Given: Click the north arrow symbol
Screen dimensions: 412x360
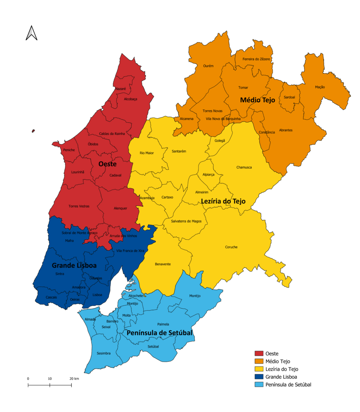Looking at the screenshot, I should click(31, 33).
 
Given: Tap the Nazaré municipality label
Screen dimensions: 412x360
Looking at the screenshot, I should click(120, 89).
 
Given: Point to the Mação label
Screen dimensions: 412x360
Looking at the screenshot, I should click(320, 87).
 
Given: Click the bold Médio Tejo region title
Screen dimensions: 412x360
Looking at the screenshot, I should click(257, 100).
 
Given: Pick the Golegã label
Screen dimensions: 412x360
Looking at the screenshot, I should click(220, 140).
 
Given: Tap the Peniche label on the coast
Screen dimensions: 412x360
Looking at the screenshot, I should click(69, 150).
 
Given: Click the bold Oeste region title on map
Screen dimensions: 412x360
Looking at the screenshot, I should click(108, 164).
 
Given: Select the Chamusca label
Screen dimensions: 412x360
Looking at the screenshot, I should click(244, 167).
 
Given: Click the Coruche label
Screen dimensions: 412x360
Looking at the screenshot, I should click(231, 247).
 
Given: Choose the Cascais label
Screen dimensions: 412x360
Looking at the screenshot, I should click(52, 297).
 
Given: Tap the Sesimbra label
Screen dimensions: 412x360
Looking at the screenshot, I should click(103, 353).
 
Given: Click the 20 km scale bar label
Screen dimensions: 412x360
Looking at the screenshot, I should click(74, 379).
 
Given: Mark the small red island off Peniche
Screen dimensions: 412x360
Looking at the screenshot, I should click(33, 131).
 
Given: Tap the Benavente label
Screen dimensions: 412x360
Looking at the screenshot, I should click(163, 264).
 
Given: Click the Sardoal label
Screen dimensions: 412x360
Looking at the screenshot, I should click(289, 97).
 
